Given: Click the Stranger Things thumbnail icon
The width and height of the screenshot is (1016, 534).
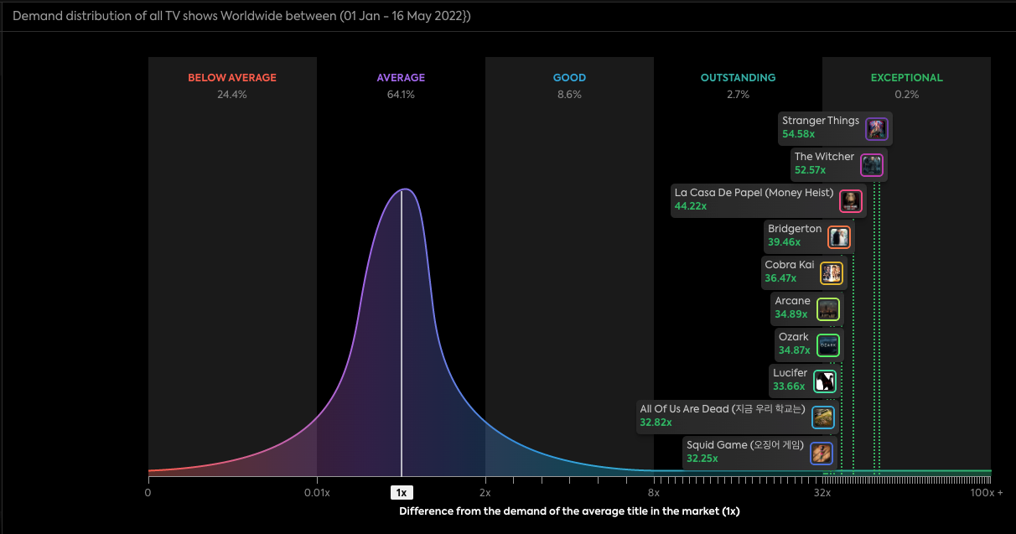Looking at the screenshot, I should pyautogui.click(x=876, y=129).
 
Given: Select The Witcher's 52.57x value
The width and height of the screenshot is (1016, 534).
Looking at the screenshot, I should pyautogui.click(x=810, y=170).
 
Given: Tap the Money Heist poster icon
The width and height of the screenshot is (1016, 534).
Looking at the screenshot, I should pyautogui.click(x=851, y=201).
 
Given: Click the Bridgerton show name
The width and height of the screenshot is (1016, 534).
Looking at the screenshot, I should pyautogui.click(x=795, y=229).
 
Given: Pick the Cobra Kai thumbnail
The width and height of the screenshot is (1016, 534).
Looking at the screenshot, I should pyautogui.click(x=831, y=273).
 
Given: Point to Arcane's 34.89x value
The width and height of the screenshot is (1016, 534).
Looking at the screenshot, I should pyautogui.click(x=791, y=314).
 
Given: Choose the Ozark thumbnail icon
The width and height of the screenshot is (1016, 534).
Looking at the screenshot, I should pyautogui.click(x=827, y=345).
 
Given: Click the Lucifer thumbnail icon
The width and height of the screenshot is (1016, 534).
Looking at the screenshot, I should pyautogui.click(x=825, y=381).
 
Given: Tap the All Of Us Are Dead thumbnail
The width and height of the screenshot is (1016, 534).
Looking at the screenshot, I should pyautogui.click(x=823, y=417).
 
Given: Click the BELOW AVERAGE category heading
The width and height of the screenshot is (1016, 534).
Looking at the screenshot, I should pyautogui.click(x=232, y=78).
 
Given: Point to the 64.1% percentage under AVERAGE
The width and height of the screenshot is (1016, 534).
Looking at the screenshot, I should pyautogui.click(x=401, y=95).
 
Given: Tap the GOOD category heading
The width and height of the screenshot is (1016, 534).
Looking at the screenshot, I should pyautogui.click(x=569, y=78).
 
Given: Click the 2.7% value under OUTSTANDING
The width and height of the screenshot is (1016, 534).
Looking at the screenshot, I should pyautogui.click(x=738, y=95).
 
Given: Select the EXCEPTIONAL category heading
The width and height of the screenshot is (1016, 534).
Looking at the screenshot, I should pyautogui.click(x=906, y=78).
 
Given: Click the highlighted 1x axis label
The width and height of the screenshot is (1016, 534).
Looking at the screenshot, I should pyautogui.click(x=402, y=493).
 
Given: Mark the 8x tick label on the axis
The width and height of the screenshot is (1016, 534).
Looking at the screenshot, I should pyautogui.click(x=654, y=493).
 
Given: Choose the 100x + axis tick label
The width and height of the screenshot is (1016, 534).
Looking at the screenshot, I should pyautogui.click(x=986, y=493).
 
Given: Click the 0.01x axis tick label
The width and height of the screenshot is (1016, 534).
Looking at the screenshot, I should pyautogui.click(x=317, y=493).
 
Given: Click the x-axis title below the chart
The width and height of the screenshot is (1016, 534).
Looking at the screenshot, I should pyautogui.click(x=569, y=511).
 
